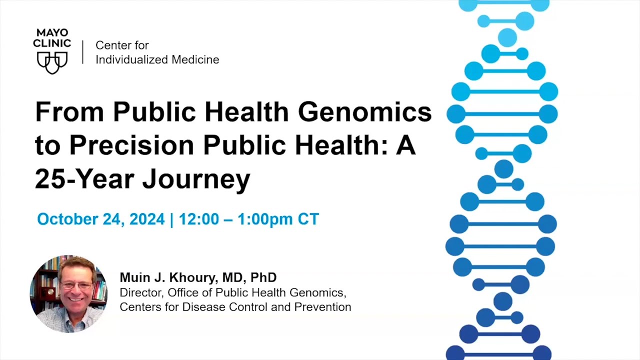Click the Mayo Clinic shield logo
pyautogui.click(x=52, y=62)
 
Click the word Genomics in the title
pyautogui.click(x=365, y=112)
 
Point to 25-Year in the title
pyautogui.click(x=84, y=178)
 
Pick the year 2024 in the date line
pyautogui.click(x=147, y=219)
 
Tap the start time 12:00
pyautogui.click(x=198, y=219)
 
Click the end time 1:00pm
pyautogui.click(x=265, y=219)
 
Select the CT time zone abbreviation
pyautogui.click(x=308, y=219)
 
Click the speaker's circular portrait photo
pyautogui.click(x=68, y=294)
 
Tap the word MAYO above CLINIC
pyautogui.click(x=52, y=33)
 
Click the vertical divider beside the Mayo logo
pyautogui.click(x=83, y=52)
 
